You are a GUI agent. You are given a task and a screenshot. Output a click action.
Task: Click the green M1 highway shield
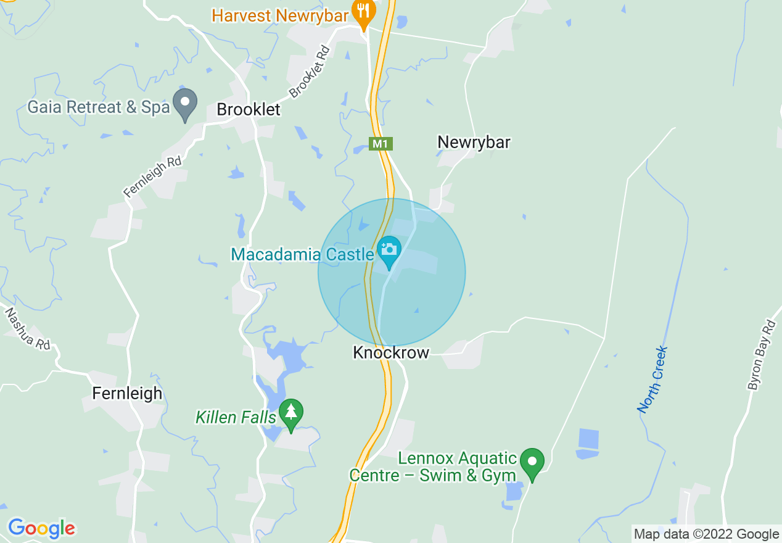pos(381,144)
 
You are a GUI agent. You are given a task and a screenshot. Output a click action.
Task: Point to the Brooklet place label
pos(249,110)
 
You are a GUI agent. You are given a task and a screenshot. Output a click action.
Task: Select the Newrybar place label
pos(474,142)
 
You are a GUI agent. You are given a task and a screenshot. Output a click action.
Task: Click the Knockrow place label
pos(390,352)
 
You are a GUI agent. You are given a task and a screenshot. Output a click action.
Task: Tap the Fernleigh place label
pos(127,393)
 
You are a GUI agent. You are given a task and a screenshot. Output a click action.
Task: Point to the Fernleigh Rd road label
pos(153,176)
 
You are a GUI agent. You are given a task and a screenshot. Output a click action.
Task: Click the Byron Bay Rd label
pos(762,355)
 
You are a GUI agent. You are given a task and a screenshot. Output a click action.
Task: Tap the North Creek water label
pos(652,379)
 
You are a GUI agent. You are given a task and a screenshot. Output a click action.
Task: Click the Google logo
pos(41,528)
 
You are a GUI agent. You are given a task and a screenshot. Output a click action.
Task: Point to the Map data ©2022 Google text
pos(707,534)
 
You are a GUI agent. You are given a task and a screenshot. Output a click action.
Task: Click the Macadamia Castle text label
pos(302,254)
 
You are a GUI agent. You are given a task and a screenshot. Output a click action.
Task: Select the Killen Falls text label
pos(236,417)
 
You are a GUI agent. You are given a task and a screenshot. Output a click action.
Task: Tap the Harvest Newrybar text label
pos(280,15)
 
